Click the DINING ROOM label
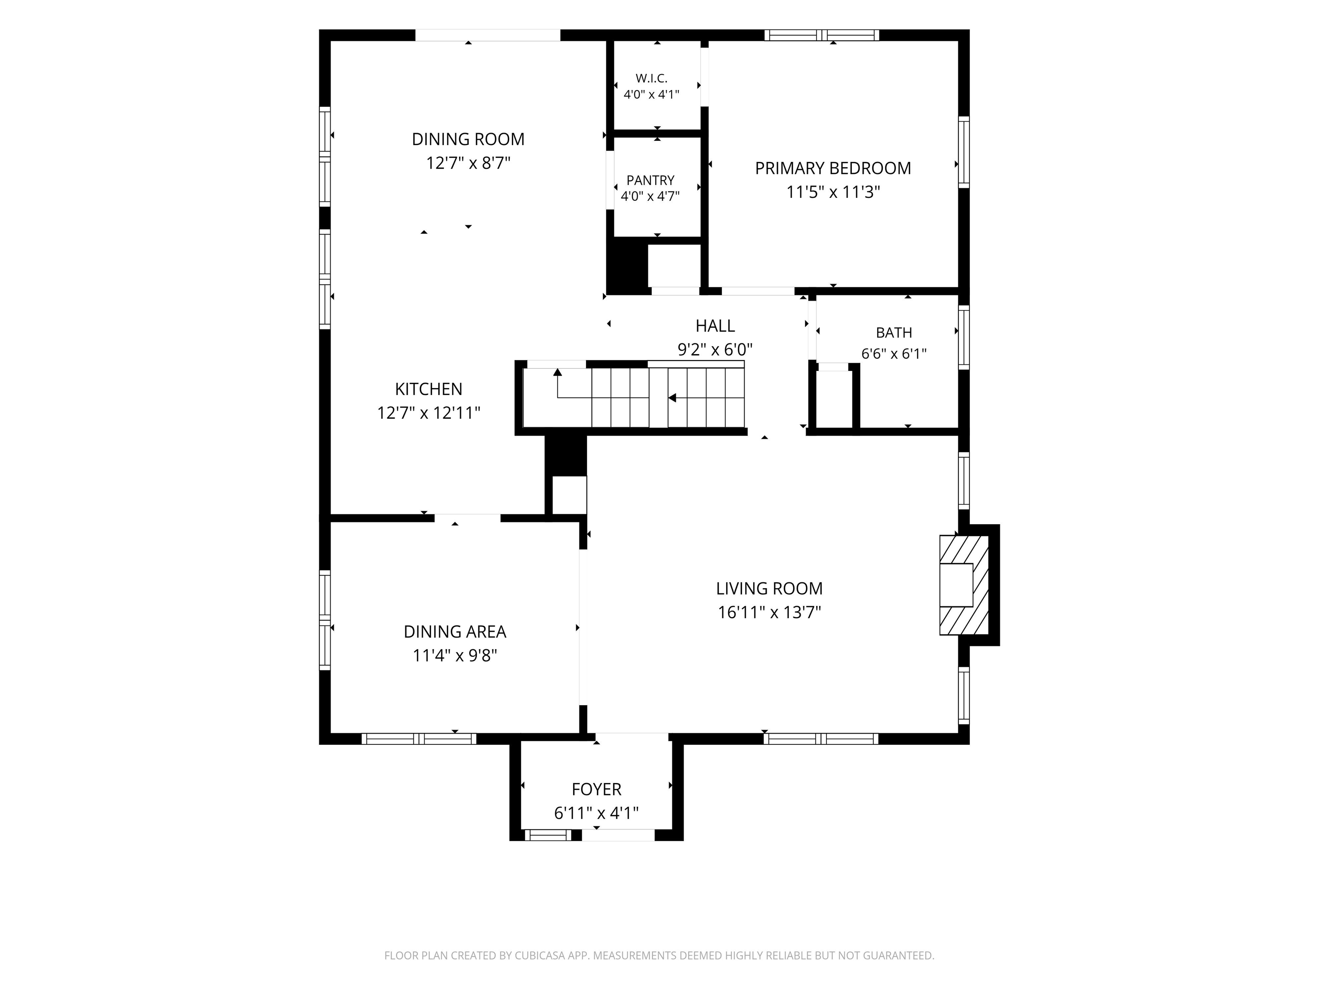point(468,140)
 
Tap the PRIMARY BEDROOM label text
point(833,169)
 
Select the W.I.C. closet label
point(651,78)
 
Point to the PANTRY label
point(650,180)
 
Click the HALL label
point(715,326)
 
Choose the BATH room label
point(894,333)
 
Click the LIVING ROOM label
point(769,589)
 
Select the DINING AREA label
point(455,632)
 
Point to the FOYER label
point(596,789)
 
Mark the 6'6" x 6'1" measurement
point(894,354)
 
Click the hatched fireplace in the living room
point(964,585)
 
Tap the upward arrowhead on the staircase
point(558,373)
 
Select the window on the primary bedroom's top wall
point(822,35)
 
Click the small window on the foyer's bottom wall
point(547,835)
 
